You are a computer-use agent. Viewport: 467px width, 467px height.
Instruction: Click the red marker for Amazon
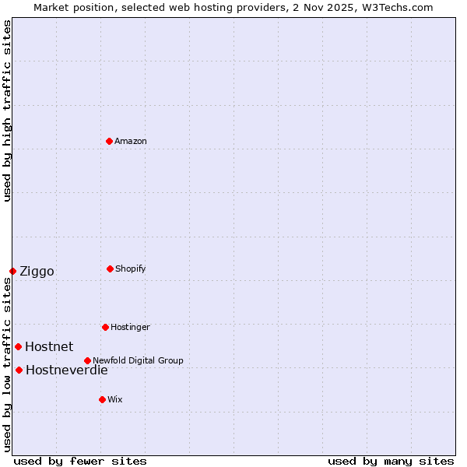coord(109,141)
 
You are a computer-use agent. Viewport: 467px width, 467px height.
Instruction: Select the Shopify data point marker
coord(110,269)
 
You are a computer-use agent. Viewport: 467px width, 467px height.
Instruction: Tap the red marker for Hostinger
coord(105,327)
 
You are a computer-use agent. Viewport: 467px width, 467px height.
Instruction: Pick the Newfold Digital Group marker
coord(87,360)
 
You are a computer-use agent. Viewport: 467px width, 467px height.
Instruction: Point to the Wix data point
coord(102,399)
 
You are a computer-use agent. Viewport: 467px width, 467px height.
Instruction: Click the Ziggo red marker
coord(12,271)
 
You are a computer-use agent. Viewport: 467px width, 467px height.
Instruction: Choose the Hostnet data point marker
coord(18,346)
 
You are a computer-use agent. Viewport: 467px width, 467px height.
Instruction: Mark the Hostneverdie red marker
coord(19,370)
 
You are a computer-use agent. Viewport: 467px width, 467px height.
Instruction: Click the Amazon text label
coord(131,141)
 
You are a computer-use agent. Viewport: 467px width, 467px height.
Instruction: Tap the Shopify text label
coord(131,269)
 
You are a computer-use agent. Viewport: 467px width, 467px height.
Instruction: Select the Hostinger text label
coord(130,327)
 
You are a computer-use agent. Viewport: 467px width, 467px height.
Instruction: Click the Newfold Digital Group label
coord(138,360)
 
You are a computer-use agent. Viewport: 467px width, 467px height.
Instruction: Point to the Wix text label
coord(115,399)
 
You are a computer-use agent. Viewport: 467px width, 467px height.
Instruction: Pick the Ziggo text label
coord(37,272)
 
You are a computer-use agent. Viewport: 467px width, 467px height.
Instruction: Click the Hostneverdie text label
coord(67,370)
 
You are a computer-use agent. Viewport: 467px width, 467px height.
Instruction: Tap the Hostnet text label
coord(49,347)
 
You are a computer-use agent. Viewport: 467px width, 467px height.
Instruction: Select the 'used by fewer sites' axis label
coord(80,461)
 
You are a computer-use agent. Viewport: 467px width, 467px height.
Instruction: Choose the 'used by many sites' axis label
coord(391,461)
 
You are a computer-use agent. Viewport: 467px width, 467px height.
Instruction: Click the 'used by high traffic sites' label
coord(8,111)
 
